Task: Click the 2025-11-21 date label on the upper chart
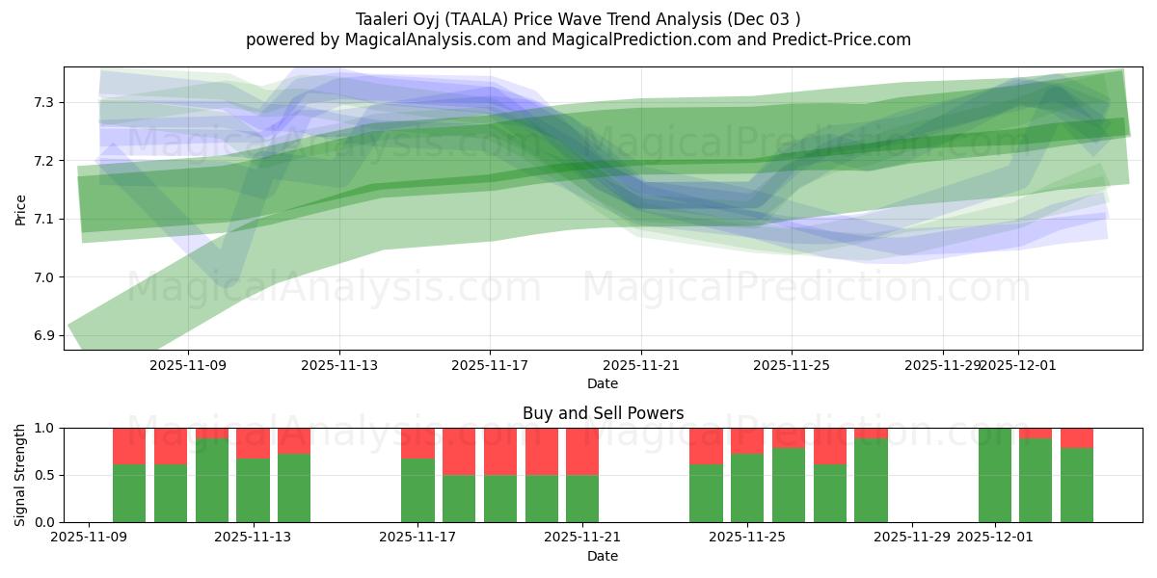point(641,365)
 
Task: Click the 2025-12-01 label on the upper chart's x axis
point(1019,365)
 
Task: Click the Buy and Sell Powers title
point(603,413)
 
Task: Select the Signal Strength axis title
point(20,475)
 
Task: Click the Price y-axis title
point(20,208)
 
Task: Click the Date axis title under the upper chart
point(603,383)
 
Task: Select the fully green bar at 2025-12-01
point(994,475)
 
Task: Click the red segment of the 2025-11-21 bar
point(582,451)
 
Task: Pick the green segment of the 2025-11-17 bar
point(417,491)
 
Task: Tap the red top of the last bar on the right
point(1077,437)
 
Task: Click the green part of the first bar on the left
point(129,493)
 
